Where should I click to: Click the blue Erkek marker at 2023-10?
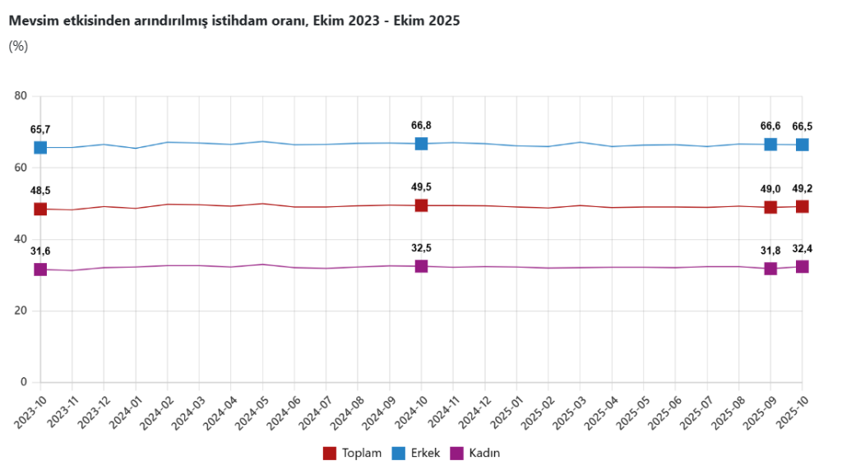click(40, 147)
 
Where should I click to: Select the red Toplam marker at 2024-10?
click(421, 205)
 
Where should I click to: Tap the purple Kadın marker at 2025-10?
click(802, 266)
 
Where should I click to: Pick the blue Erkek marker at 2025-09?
click(770, 144)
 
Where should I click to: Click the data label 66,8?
click(421, 126)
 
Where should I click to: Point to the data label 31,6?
click(40, 251)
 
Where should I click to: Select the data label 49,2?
click(802, 189)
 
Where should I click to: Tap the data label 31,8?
click(770, 251)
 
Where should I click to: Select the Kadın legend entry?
click(476, 453)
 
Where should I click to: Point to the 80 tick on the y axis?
click(21, 96)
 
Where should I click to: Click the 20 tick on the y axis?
click(21, 311)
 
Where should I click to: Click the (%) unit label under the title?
click(18, 46)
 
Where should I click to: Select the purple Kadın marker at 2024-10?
click(421, 266)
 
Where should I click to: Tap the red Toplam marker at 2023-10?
click(40, 209)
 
